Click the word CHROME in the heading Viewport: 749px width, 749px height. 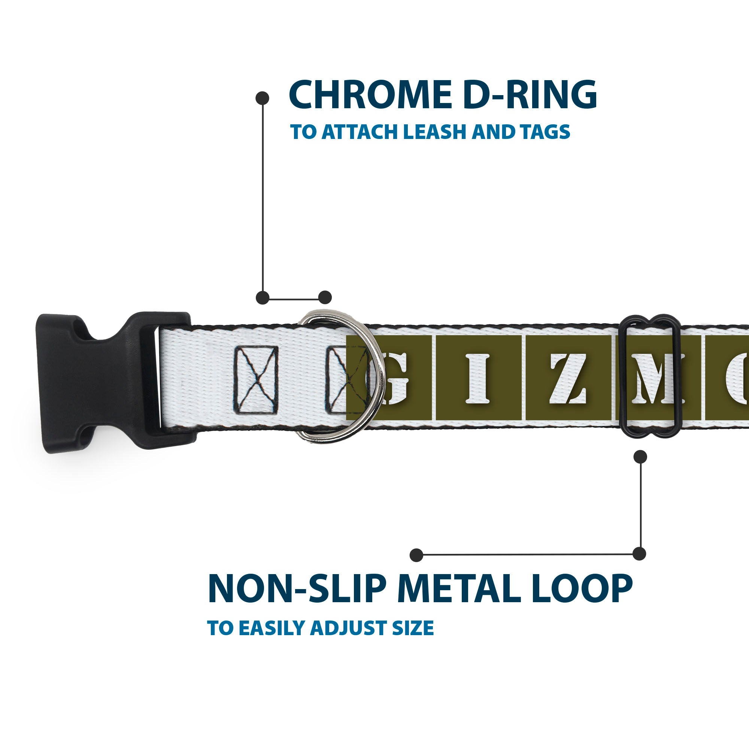(x=370, y=95)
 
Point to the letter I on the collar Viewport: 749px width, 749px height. (x=477, y=378)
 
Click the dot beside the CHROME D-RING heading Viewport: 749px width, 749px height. (x=263, y=98)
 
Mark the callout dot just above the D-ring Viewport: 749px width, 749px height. (x=325, y=297)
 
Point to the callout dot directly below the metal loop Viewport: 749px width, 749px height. (x=640, y=457)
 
